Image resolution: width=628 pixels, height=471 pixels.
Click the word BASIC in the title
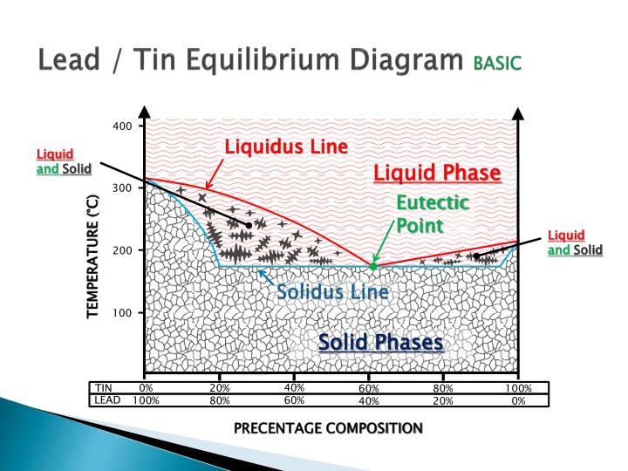tap(496, 64)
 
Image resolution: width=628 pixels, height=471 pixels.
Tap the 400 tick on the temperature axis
tap(122, 126)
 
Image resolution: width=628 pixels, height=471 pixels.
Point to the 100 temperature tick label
tap(122, 312)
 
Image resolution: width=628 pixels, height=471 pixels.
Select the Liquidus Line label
tap(286, 147)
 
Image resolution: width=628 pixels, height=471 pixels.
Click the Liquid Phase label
tap(437, 173)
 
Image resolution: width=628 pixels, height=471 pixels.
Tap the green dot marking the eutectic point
tap(373, 266)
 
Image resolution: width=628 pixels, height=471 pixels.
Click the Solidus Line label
tap(332, 291)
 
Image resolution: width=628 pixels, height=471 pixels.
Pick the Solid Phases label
tap(380, 342)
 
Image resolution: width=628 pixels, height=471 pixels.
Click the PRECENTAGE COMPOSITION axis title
tap(328, 427)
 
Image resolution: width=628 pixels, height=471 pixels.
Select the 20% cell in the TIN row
tap(220, 388)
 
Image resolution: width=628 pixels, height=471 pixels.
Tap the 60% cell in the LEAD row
tap(294, 401)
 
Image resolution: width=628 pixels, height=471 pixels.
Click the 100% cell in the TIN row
tap(518, 388)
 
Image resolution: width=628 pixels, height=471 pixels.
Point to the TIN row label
tap(105, 388)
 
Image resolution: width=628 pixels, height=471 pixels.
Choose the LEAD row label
tap(106, 400)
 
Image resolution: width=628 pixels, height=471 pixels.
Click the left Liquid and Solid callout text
tap(64, 161)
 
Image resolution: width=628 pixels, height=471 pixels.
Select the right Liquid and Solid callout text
tap(575, 242)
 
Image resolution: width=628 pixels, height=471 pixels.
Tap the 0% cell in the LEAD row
tap(518, 401)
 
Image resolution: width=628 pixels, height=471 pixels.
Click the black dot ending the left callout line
tap(249, 225)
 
